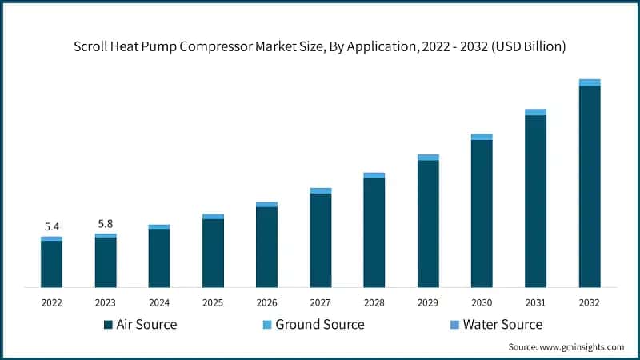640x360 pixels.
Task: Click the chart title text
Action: tap(320, 46)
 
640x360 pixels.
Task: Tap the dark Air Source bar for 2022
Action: tap(51, 264)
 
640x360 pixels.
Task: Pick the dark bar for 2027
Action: tap(321, 240)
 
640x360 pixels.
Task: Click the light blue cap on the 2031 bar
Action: tap(536, 112)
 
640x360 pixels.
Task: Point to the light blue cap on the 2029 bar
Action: tap(428, 158)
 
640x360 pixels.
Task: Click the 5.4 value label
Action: tap(51, 227)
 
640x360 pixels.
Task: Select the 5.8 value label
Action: tap(105, 224)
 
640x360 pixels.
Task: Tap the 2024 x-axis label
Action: tap(159, 303)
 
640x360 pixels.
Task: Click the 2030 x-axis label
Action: tap(482, 303)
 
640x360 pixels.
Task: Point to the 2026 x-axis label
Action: tap(266, 303)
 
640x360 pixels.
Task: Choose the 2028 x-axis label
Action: tap(374, 303)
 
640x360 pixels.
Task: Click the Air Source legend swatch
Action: tap(108, 325)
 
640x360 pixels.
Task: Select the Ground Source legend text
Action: tap(319, 325)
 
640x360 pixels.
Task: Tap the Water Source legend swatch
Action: tap(454, 325)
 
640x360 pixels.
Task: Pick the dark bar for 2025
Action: tap(213, 253)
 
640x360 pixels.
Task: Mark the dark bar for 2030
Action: tap(482, 214)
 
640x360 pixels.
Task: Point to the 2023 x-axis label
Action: tap(105, 303)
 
